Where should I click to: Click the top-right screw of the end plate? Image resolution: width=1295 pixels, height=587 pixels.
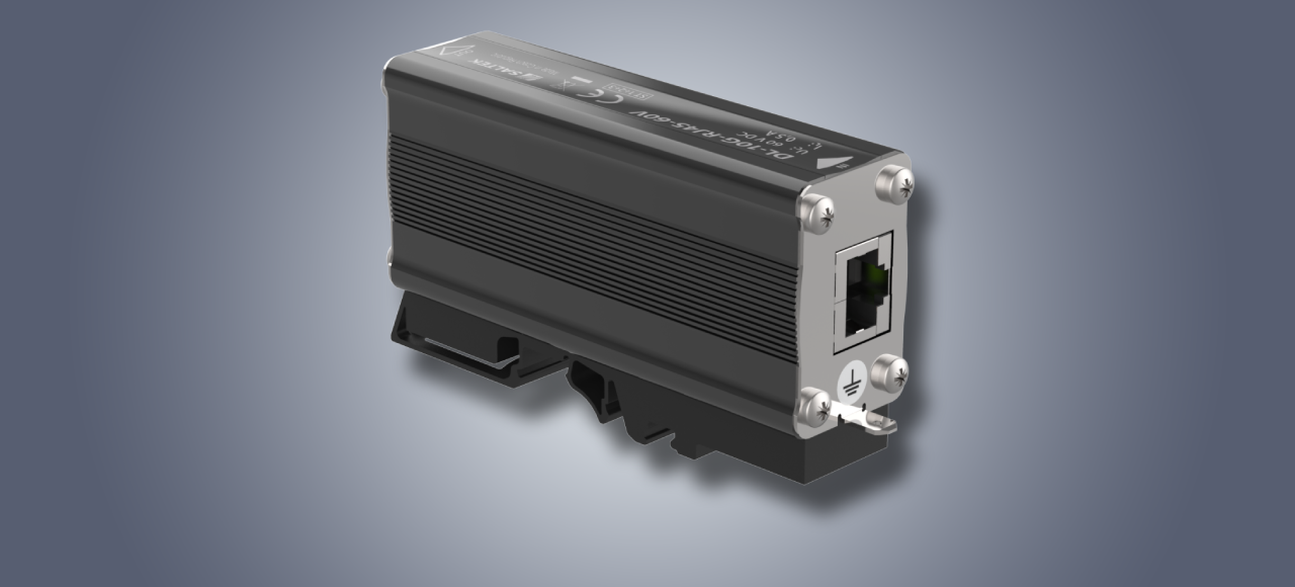[894, 183]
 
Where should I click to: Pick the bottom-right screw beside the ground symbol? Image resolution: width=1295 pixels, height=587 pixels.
[890, 373]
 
